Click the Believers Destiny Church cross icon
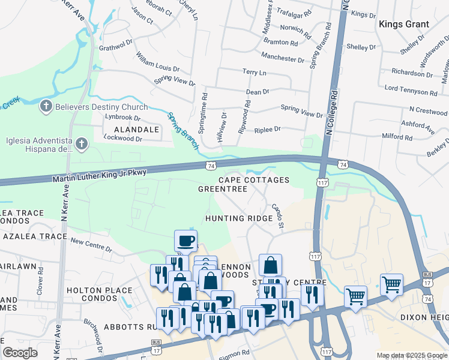point(45,107)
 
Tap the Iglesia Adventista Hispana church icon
point(82,144)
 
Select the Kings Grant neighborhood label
point(403,24)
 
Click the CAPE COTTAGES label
point(253,180)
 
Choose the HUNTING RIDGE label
point(239,218)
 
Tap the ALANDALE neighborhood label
point(133,129)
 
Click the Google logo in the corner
point(20,353)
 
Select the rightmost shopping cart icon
point(391,285)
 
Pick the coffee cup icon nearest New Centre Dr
point(185,241)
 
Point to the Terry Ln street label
point(254,72)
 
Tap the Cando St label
point(277,215)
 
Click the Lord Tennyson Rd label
point(411,90)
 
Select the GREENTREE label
point(223,189)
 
